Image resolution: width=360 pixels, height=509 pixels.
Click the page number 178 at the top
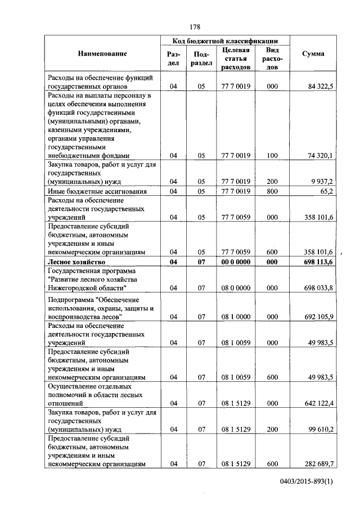coord(195,27)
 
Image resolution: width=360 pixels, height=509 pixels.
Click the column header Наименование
coord(102,54)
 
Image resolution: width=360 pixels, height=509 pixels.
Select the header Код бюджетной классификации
coord(225,41)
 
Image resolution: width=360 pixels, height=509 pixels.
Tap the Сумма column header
coord(313,54)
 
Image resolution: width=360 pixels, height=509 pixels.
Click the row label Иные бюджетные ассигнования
coord(97,191)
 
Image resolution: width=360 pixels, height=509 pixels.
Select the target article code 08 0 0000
coord(236,288)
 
